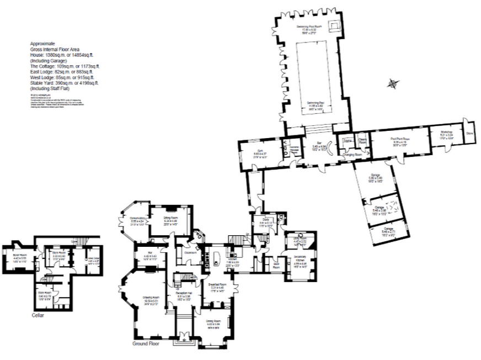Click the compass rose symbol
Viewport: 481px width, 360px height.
point(393,84)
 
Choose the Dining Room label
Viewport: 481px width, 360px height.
point(213,322)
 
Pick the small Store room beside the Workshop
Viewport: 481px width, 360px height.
point(469,133)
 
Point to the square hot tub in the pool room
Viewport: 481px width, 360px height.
point(334,25)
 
